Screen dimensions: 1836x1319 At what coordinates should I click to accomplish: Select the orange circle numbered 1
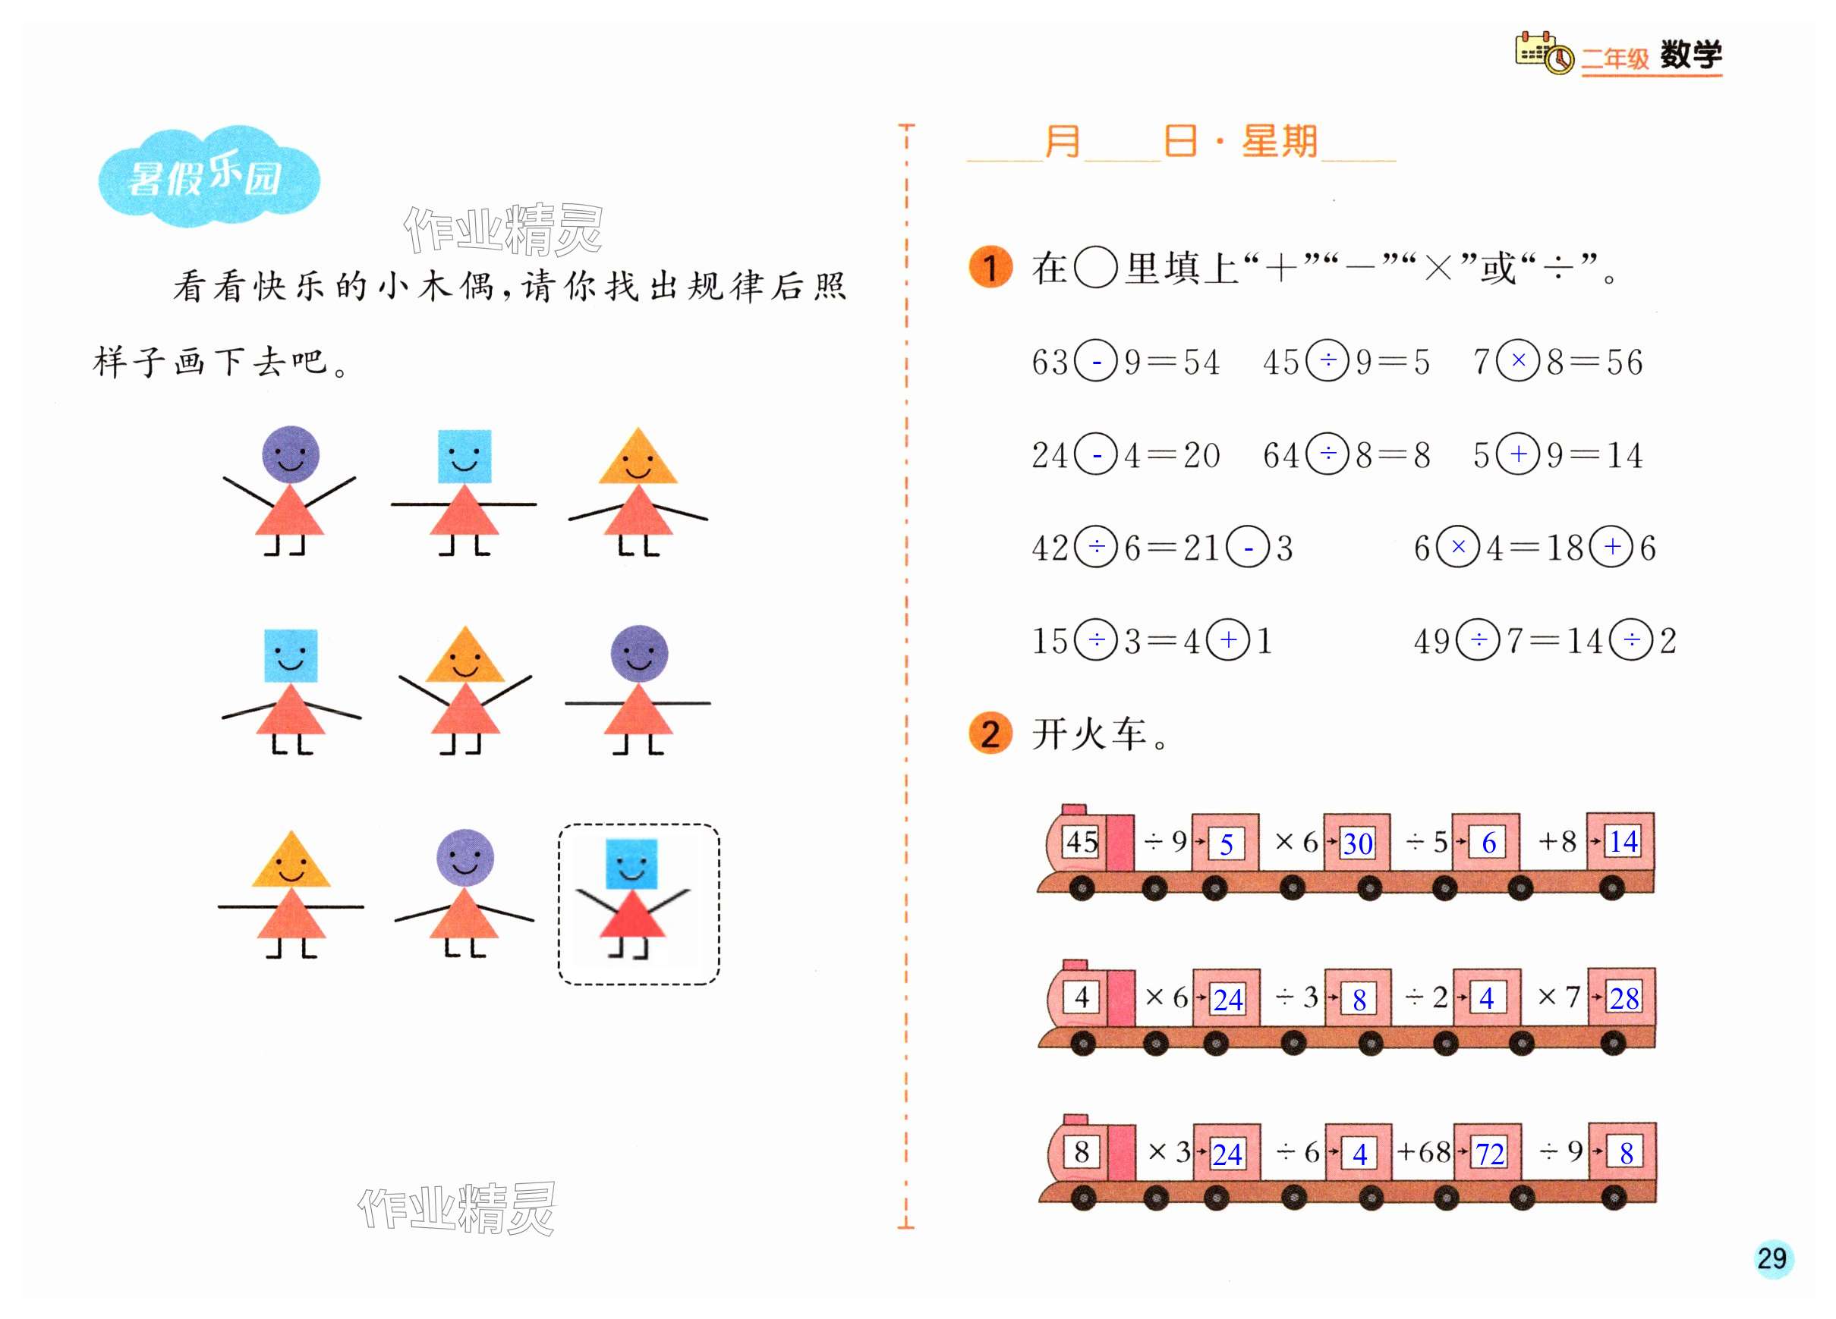[x=990, y=267]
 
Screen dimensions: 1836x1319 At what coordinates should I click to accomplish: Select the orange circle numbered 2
[x=990, y=734]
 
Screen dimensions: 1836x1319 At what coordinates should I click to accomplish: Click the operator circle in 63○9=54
[x=1096, y=361]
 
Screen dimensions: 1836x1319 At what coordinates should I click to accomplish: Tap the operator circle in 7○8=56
[x=1518, y=361]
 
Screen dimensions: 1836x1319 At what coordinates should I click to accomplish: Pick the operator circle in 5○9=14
[x=1518, y=454]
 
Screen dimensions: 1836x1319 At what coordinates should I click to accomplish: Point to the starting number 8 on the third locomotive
[x=1082, y=1151]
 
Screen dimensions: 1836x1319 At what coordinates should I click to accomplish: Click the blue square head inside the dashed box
[x=631, y=864]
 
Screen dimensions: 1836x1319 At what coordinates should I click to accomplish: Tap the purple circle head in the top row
[x=291, y=454]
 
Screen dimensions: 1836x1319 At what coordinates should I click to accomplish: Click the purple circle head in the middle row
[x=639, y=653]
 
